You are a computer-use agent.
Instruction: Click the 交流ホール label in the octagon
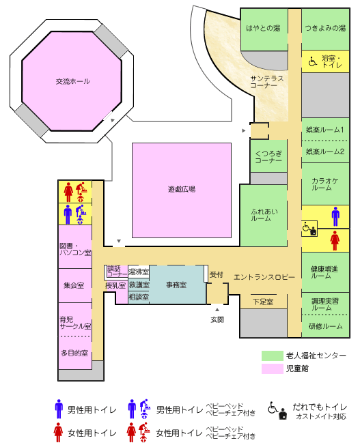(x=72, y=81)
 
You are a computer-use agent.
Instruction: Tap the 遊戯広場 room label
(x=182, y=189)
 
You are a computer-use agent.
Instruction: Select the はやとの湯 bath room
(x=264, y=29)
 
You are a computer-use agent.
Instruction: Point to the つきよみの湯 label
(x=325, y=28)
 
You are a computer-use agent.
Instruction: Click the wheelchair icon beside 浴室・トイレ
(x=313, y=61)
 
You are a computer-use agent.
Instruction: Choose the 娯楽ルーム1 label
(x=325, y=130)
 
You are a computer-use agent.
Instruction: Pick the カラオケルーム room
(x=325, y=184)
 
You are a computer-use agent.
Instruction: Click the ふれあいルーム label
(x=264, y=215)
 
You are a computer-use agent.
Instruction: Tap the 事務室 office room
(x=177, y=285)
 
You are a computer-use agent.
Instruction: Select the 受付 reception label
(x=216, y=274)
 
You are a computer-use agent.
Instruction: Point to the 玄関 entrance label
(x=217, y=319)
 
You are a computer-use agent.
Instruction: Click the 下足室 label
(x=263, y=302)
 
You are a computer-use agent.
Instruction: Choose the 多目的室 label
(x=74, y=353)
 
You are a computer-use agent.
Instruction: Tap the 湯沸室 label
(x=139, y=272)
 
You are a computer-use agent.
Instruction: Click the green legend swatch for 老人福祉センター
(x=272, y=356)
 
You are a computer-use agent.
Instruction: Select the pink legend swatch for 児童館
(x=272, y=369)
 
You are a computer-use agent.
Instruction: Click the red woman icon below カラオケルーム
(x=335, y=241)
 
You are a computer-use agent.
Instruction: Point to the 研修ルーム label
(x=325, y=326)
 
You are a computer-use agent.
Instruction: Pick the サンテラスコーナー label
(x=267, y=82)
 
